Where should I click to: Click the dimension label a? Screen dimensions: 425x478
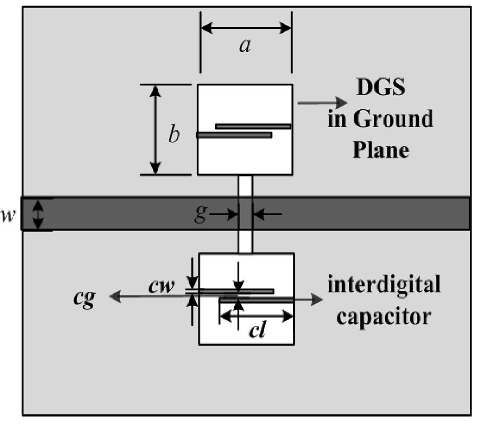244,47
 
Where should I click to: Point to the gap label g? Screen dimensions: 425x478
199,215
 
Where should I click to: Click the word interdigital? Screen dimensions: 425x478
384,286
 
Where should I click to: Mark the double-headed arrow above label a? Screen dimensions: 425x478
246,27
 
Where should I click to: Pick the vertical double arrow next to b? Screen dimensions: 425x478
155,130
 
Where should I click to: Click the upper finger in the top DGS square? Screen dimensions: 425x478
253,126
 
